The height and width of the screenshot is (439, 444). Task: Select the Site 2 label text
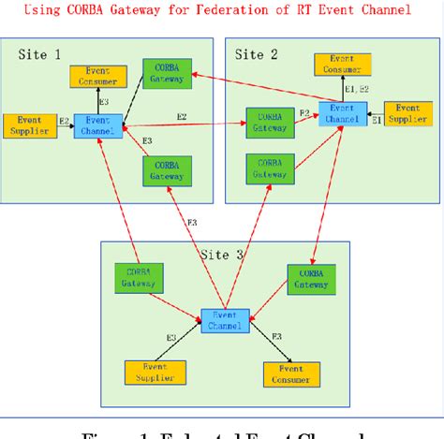point(256,54)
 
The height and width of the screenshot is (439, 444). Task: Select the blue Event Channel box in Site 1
point(98,126)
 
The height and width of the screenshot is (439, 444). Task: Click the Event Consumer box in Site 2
point(341,64)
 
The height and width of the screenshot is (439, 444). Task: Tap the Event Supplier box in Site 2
point(410,120)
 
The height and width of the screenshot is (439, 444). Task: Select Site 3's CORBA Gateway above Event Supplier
point(139,277)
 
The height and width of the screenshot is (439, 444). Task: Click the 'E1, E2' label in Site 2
point(356,89)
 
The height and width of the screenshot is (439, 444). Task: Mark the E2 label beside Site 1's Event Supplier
point(64,122)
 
